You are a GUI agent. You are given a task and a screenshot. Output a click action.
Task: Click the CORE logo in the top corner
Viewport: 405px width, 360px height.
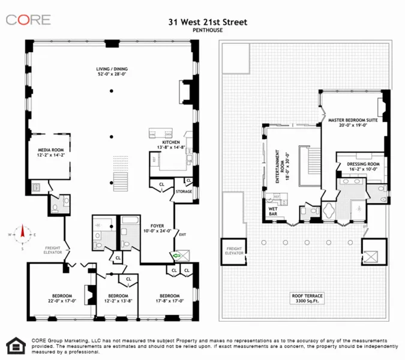click(28, 20)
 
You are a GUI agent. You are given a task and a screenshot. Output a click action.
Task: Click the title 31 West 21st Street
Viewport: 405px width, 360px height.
click(208, 22)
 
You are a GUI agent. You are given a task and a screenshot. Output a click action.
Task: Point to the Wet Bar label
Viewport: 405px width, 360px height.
click(273, 211)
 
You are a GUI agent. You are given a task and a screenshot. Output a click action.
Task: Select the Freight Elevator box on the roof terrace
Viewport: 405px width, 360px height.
click(233, 250)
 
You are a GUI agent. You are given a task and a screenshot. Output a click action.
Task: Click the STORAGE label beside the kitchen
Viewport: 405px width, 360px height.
click(184, 192)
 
